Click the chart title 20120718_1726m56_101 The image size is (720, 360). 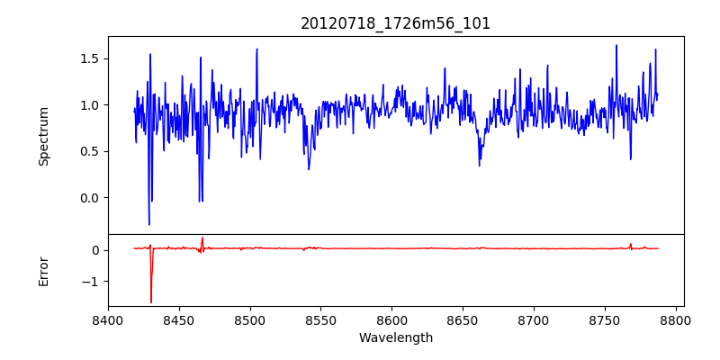[x=396, y=23]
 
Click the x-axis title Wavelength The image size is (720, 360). [x=396, y=338]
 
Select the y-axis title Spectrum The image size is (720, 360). [x=44, y=136]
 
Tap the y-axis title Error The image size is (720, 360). [x=44, y=271]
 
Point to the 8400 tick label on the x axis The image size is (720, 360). [x=108, y=319]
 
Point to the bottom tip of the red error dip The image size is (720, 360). [x=151, y=302]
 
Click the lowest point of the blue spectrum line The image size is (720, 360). [x=149, y=224]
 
